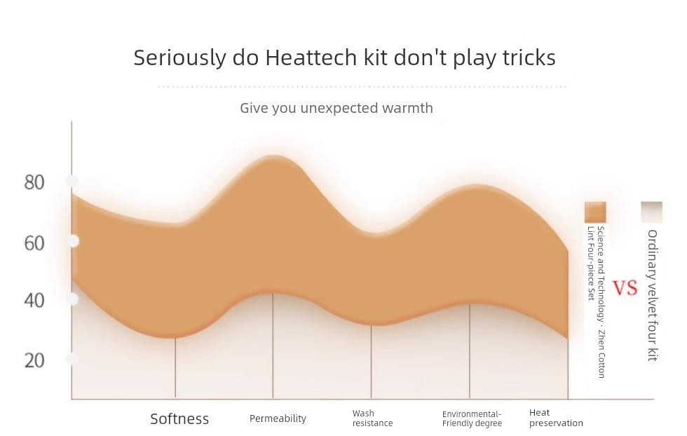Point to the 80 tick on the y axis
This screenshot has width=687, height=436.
click(x=34, y=182)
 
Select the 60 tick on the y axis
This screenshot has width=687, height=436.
click(x=34, y=243)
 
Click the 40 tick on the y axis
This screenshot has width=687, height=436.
click(x=34, y=301)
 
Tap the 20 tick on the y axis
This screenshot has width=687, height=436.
click(x=34, y=360)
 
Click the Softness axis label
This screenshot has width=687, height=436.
click(x=179, y=419)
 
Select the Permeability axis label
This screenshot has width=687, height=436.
click(x=278, y=418)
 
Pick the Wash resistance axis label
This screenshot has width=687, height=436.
click(x=372, y=418)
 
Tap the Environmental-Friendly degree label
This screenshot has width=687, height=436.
click(x=472, y=418)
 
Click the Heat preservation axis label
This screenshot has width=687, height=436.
click(x=556, y=418)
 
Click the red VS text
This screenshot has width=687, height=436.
click(x=625, y=288)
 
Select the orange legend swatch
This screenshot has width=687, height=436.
click(x=595, y=212)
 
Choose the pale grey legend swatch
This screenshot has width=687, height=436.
click(x=651, y=212)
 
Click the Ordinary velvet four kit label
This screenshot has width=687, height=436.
click(x=653, y=295)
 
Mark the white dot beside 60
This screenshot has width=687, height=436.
click(x=73, y=241)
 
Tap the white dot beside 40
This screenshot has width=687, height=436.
click(x=73, y=299)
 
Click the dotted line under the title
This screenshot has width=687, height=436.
click(x=362, y=87)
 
